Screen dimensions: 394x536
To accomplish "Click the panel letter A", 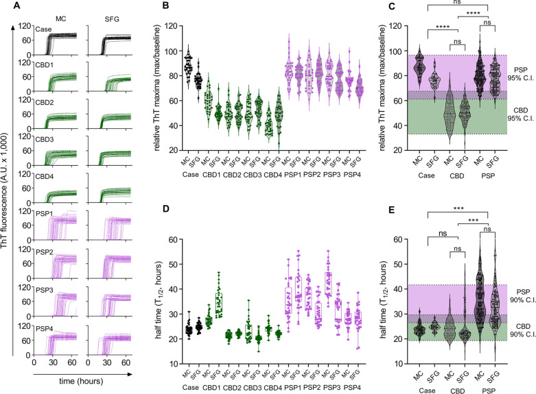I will (6, 6).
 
